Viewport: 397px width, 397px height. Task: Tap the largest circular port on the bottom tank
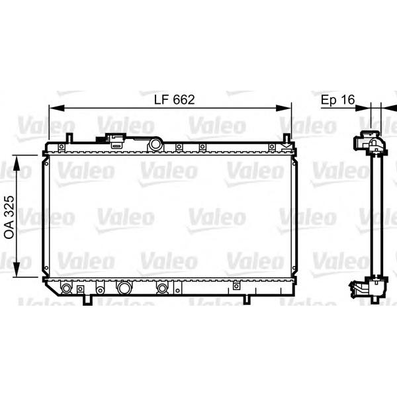coord(123,288)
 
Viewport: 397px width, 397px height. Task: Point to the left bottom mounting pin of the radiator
coord(87,300)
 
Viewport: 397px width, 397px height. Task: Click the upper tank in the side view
coord(368,144)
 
